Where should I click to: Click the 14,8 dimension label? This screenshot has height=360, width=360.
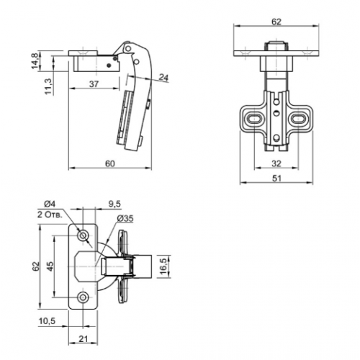point(35,61)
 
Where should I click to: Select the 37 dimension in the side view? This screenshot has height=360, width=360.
point(94,84)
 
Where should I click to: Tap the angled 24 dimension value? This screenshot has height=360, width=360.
point(164,78)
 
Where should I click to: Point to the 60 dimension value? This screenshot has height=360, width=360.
point(110,163)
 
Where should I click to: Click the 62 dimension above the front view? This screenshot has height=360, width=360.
point(276,22)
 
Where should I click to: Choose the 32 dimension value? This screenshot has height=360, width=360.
point(276,163)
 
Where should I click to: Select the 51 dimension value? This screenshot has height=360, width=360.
point(276,179)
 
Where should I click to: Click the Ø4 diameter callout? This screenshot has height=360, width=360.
point(50,204)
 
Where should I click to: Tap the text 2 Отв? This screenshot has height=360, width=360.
point(50,215)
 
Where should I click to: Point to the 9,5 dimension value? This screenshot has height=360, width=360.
point(114,204)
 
